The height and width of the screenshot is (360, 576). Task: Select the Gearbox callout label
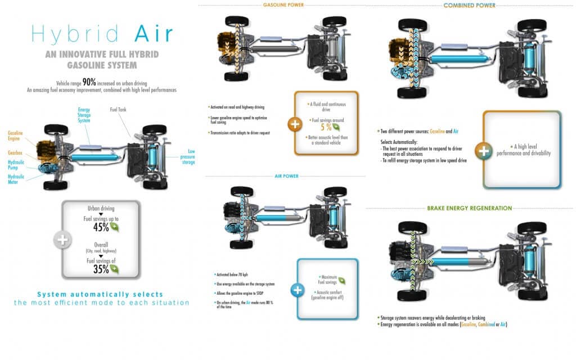coord(15,152)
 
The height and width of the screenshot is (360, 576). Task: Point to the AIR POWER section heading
coord(286,177)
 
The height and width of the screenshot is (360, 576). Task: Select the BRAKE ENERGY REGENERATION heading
coord(469,208)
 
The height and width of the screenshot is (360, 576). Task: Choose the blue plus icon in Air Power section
coord(298,290)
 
